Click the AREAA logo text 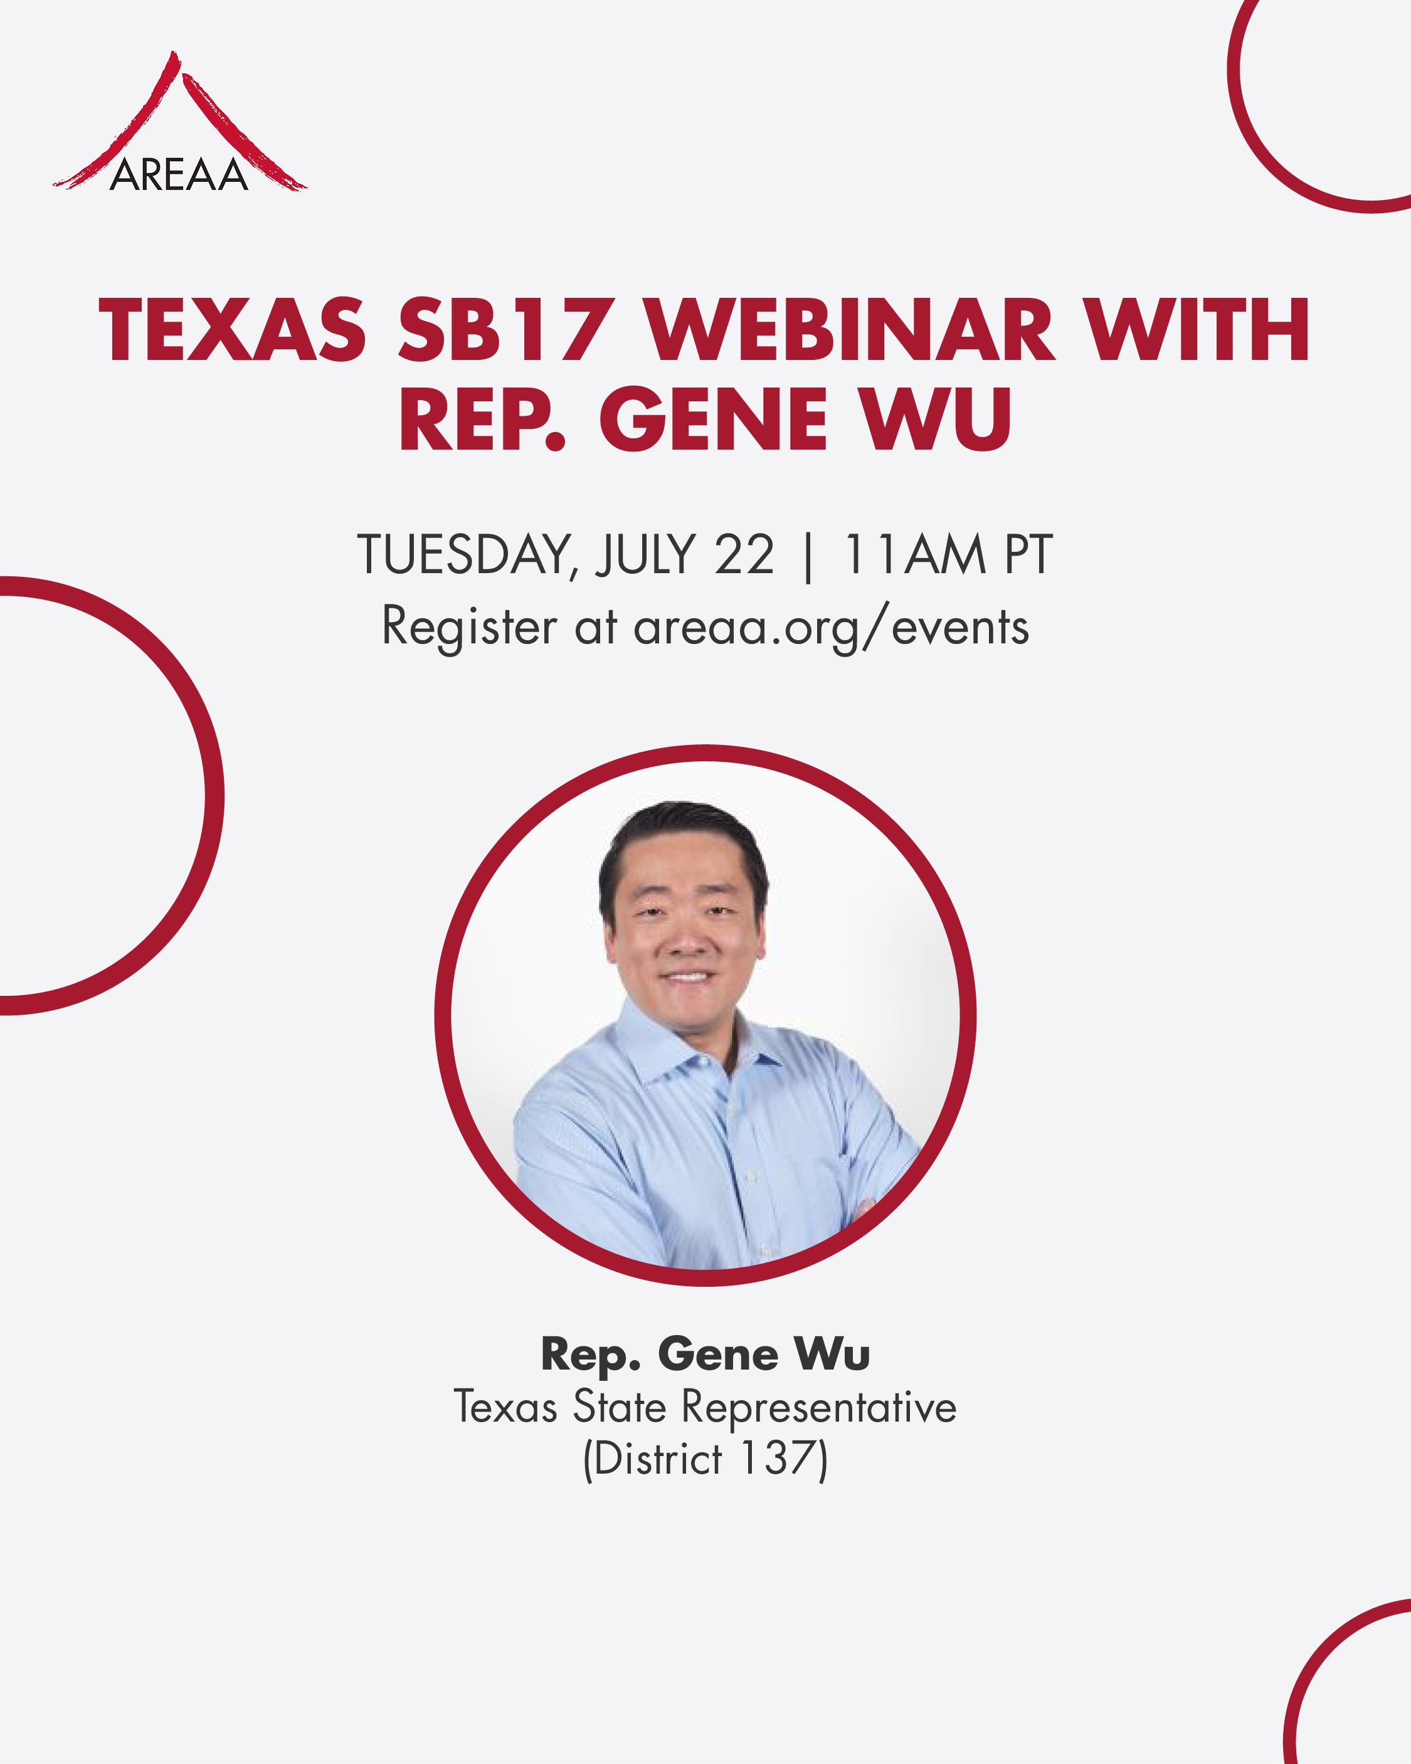179,174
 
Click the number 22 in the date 744,555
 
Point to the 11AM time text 914,555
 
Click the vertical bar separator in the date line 808,557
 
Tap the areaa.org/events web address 831,629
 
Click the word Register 469,629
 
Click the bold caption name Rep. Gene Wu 705,1353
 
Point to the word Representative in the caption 819,1407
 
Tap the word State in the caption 620,1407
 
